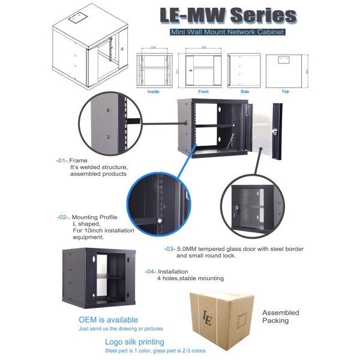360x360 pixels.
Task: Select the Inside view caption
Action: pos(154,92)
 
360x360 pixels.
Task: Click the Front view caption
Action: pos(203,92)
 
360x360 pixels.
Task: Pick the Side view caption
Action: pos(245,92)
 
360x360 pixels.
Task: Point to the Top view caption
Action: pos(285,92)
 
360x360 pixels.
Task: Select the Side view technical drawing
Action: pos(245,70)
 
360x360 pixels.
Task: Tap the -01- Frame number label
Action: pos(62,161)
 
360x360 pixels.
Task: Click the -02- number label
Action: pos(63,217)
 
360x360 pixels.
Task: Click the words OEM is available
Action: pos(108,320)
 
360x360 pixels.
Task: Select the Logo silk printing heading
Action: pos(134,341)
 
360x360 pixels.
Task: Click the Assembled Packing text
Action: pos(280,316)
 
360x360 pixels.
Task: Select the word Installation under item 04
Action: pos(173,271)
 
